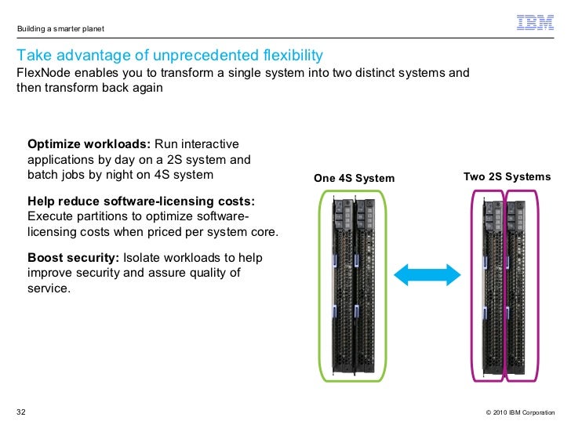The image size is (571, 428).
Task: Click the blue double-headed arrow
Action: point(426,275)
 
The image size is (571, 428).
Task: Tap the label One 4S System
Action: point(355,179)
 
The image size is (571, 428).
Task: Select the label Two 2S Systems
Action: point(507,177)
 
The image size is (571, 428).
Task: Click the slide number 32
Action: point(21,412)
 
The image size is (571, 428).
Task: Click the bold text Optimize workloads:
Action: point(89,145)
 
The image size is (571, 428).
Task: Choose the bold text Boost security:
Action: point(73,258)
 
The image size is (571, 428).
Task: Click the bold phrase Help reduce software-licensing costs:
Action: point(141,201)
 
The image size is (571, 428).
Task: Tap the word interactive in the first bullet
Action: point(213,145)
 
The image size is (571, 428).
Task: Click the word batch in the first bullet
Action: point(43,175)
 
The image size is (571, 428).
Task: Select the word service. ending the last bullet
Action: point(49,288)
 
